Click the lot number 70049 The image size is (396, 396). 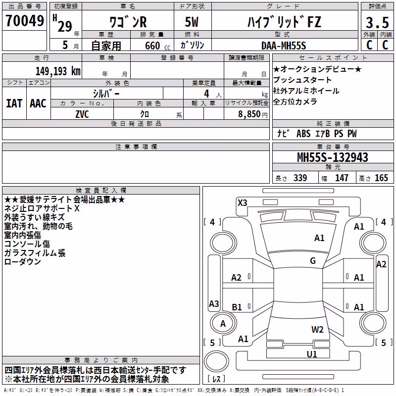(25, 21)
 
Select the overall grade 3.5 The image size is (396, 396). (377, 23)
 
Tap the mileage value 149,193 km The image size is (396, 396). (58, 71)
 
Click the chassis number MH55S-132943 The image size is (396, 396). (333, 157)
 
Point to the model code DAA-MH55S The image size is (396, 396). (284, 46)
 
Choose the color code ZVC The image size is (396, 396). (82, 114)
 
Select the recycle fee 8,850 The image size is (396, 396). (249, 114)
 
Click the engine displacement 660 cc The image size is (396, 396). (157, 46)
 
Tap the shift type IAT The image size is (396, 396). (14, 103)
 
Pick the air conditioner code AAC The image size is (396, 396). (38, 103)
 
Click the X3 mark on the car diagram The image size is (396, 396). (242, 202)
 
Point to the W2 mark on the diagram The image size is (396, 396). (317, 329)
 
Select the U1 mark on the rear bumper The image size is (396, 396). (312, 354)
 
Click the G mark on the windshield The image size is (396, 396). (313, 261)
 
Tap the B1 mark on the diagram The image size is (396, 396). (237, 307)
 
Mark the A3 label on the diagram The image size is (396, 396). (214, 303)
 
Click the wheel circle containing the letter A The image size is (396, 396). (223, 323)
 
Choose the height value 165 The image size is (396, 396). (381, 178)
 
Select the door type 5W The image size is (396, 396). (192, 22)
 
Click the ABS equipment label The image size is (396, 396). (303, 134)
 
